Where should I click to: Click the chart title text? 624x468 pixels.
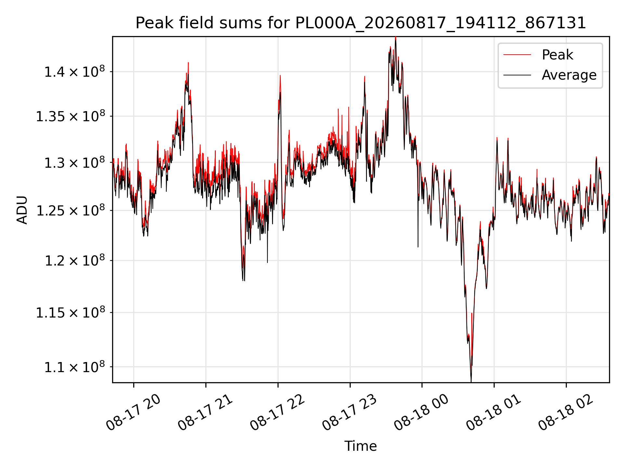point(361,23)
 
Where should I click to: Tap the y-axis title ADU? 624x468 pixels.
point(22,210)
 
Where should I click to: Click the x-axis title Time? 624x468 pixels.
point(361,446)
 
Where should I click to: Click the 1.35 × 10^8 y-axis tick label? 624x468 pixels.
point(71,116)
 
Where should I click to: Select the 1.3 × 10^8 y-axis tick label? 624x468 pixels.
point(75,162)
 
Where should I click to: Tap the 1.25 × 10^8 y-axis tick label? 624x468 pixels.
point(71,210)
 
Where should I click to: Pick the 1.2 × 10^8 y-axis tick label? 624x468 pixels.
point(75,260)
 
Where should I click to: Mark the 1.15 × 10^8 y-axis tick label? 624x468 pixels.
point(71,312)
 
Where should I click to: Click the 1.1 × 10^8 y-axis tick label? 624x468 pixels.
point(75,367)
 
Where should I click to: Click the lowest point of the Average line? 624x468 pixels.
point(471,382)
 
